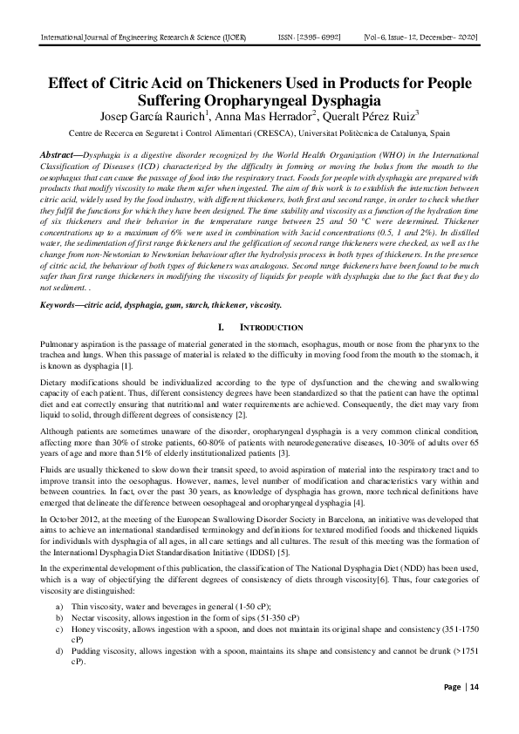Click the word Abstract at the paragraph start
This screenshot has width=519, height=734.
coord(61,154)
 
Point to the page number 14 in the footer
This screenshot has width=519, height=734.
coord(475,687)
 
